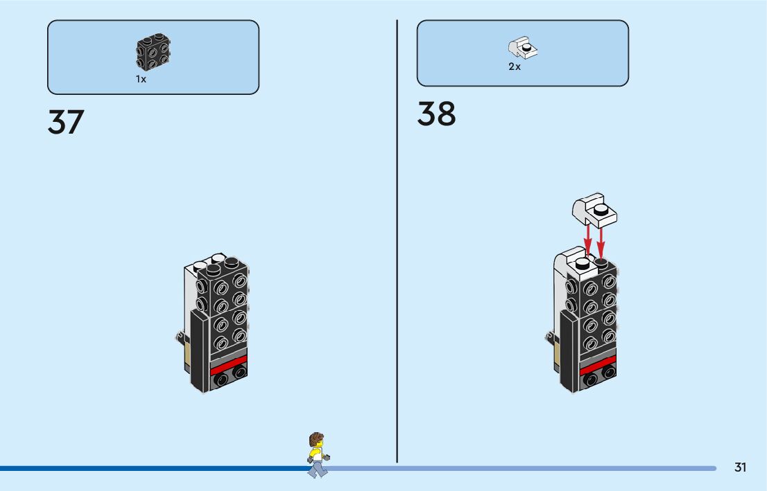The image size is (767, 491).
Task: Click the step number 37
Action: click(x=66, y=122)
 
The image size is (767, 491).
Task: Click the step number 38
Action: click(x=436, y=114)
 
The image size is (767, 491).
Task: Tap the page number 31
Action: click(x=740, y=467)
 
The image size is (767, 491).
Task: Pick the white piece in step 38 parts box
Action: click(x=524, y=48)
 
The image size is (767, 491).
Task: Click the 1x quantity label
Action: click(x=141, y=80)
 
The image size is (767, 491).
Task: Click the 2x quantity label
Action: click(x=514, y=67)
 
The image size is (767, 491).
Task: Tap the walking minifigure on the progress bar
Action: click(x=317, y=455)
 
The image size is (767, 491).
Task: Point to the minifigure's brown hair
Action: click(x=316, y=439)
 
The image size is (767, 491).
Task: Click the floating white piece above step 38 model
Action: click(x=594, y=210)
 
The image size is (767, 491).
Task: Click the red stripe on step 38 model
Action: click(x=598, y=364)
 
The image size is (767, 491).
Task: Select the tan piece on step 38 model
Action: click(x=557, y=355)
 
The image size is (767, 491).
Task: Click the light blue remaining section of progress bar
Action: click(x=520, y=468)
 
